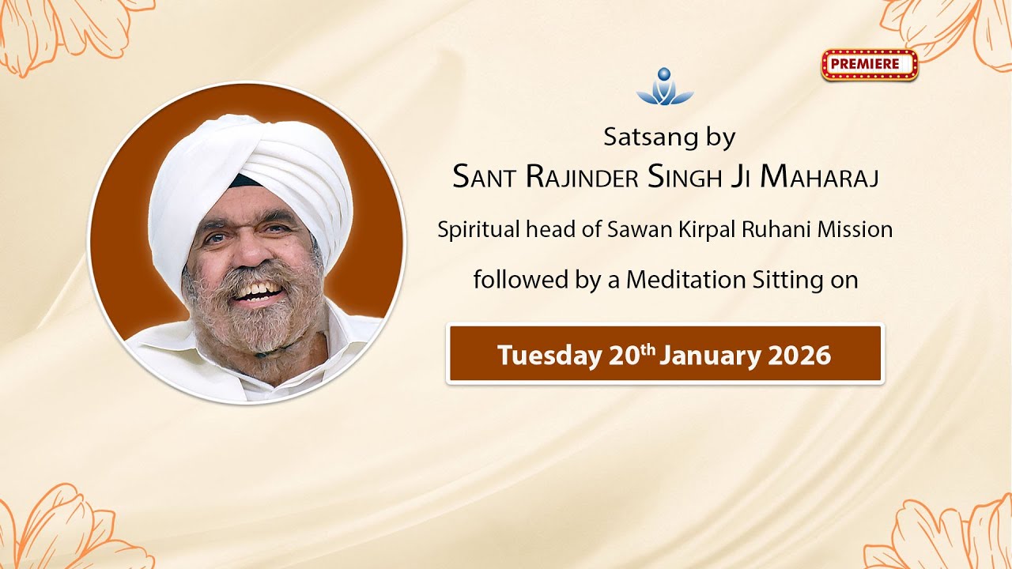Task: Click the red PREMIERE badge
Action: pyautogui.click(x=869, y=65)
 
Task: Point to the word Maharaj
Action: pyautogui.click(x=820, y=178)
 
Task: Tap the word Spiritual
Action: pyautogui.click(x=479, y=230)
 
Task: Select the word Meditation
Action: pyautogui.click(x=685, y=280)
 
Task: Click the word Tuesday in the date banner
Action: pyautogui.click(x=549, y=356)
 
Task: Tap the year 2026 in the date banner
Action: pyautogui.click(x=799, y=356)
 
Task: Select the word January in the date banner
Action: pyautogui.click(x=709, y=356)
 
